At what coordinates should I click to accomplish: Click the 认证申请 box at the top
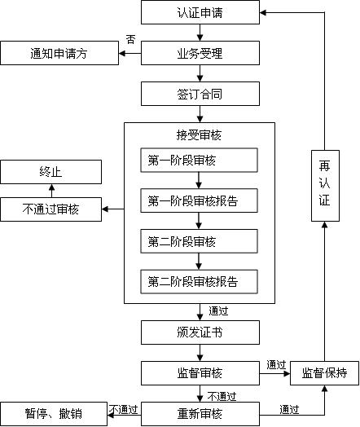pos(200,12)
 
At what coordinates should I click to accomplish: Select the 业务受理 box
pos(200,55)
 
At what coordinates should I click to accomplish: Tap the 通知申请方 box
pos(60,55)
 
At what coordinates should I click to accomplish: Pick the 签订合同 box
pos(200,94)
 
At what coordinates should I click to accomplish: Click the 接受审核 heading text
pos(199,134)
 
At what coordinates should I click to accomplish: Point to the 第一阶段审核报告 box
pos(199,200)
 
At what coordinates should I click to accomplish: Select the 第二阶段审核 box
pos(199,241)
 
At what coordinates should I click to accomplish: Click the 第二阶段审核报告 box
pos(199,282)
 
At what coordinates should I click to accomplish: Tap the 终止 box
pos(50,172)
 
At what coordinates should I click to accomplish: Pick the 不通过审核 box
pos(50,209)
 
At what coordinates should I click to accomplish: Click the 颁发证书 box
pos(200,332)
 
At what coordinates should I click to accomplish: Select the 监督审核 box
pos(200,373)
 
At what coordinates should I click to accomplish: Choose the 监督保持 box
pos(324,373)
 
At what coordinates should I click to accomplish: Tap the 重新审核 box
pos(200,413)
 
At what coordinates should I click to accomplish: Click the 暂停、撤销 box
pos(53,413)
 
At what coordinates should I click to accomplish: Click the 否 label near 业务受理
pos(131,40)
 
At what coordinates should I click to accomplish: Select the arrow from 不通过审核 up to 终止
pos(50,190)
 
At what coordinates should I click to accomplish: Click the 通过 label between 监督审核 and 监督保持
pos(275,364)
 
